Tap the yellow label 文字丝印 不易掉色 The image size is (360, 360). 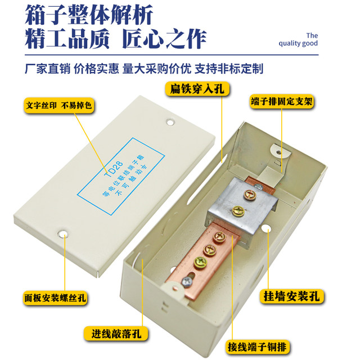click(x=58, y=105)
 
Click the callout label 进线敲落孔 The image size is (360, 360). click(x=117, y=333)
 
